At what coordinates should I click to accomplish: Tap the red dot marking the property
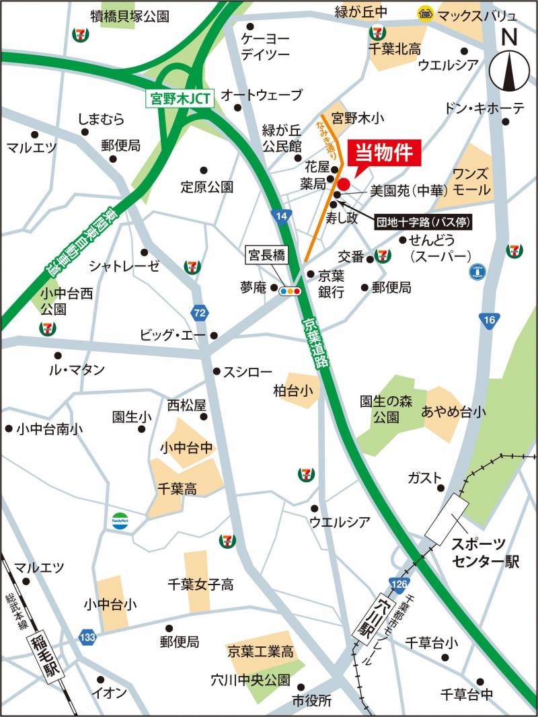pos(344,184)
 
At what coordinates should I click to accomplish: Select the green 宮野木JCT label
pos(180,98)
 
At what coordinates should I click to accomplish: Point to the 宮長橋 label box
pos(266,254)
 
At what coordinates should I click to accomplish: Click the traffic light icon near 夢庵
pos(291,291)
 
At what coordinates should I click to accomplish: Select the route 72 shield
pos(198,313)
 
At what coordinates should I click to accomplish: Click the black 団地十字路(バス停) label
pos(422,221)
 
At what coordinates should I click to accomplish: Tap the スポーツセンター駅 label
pos(485,553)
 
